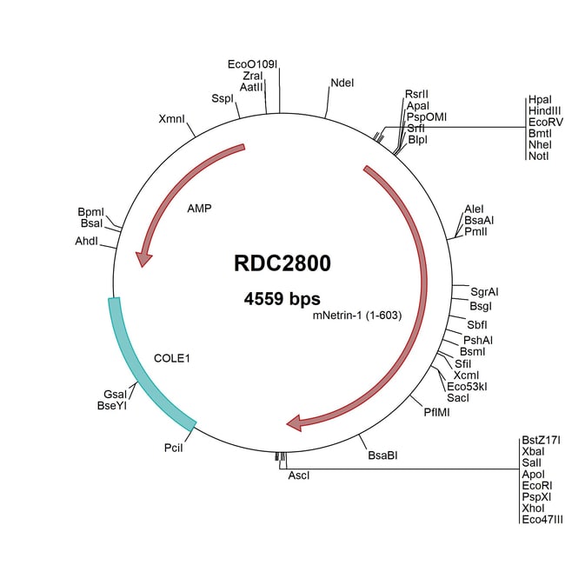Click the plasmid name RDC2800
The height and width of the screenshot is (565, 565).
point(282,263)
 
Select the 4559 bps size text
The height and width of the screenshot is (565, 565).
point(282,299)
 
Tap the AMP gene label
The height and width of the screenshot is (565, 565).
point(200,209)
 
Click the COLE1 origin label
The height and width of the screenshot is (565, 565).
point(172,357)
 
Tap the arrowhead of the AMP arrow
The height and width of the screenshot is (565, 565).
point(140,258)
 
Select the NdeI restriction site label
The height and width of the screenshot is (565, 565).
point(342,83)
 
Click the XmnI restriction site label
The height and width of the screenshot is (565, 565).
point(171,119)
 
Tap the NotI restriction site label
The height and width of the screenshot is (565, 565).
point(537,156)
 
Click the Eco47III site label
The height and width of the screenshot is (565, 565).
point(543,520)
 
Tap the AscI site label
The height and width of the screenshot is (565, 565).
point(299,475)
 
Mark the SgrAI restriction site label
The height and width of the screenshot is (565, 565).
point(485,290)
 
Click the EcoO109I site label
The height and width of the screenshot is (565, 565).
point(252,64)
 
